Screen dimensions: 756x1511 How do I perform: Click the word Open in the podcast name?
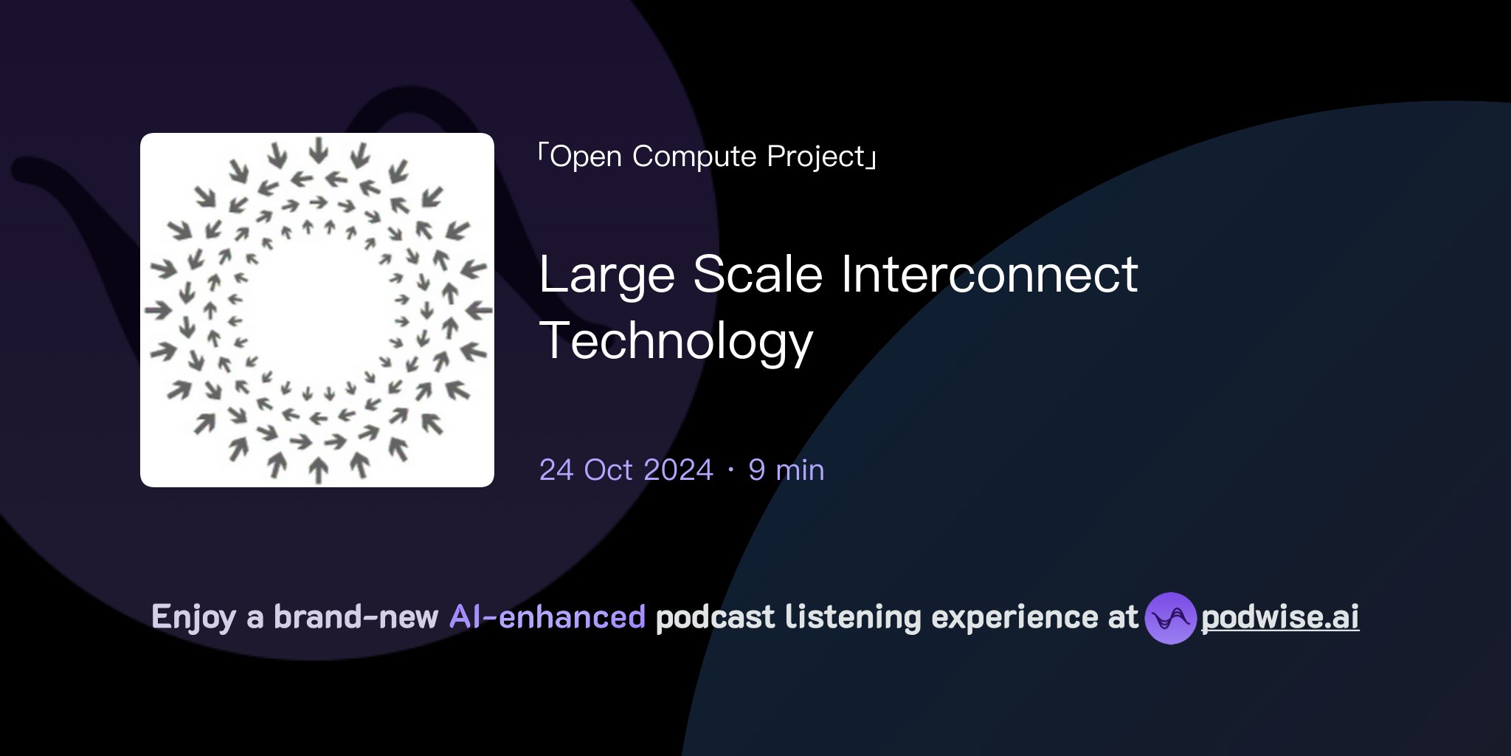[586, 157]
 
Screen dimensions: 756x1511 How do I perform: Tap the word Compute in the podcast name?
[694, 157]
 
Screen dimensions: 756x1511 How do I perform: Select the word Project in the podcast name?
[815, 157]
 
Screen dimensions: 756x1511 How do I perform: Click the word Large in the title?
[606, 275]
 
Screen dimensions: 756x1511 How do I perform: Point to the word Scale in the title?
[758, 275]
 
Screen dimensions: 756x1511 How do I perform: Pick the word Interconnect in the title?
[989, 275]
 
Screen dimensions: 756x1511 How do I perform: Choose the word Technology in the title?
[676, 341]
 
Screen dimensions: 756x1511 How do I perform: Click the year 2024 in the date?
[677, 470]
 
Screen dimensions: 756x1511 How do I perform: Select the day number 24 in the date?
[556, 470]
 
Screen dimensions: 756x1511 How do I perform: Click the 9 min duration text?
[786, 470]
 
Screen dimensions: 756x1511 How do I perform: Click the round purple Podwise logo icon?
[1170, 618]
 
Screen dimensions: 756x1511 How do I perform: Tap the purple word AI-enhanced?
[547, 617]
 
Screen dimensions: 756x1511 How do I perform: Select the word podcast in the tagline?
[715, 617]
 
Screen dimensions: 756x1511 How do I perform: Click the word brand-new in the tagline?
[356, 617]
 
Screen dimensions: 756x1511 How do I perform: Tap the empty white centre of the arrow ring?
[317, 310]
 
